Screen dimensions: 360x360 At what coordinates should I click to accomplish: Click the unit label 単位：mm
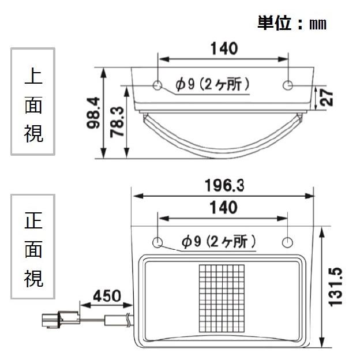pos(291,24)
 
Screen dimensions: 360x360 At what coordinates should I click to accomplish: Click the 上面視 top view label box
pos(33,102)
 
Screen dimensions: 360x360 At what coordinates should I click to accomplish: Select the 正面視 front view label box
pos(33,246)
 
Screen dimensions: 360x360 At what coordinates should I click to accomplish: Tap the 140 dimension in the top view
pos(223,48)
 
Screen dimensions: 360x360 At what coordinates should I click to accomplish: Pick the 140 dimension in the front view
pos(223,207)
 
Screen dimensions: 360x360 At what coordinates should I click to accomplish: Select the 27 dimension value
pos(326,97)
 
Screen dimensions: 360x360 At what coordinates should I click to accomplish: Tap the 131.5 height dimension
pos(336,287)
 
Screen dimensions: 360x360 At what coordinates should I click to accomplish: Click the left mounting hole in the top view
pos(158,85)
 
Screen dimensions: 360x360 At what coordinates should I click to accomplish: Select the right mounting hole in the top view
pos(288,85)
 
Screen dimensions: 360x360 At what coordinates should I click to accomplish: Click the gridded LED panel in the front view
pos(223,298)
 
